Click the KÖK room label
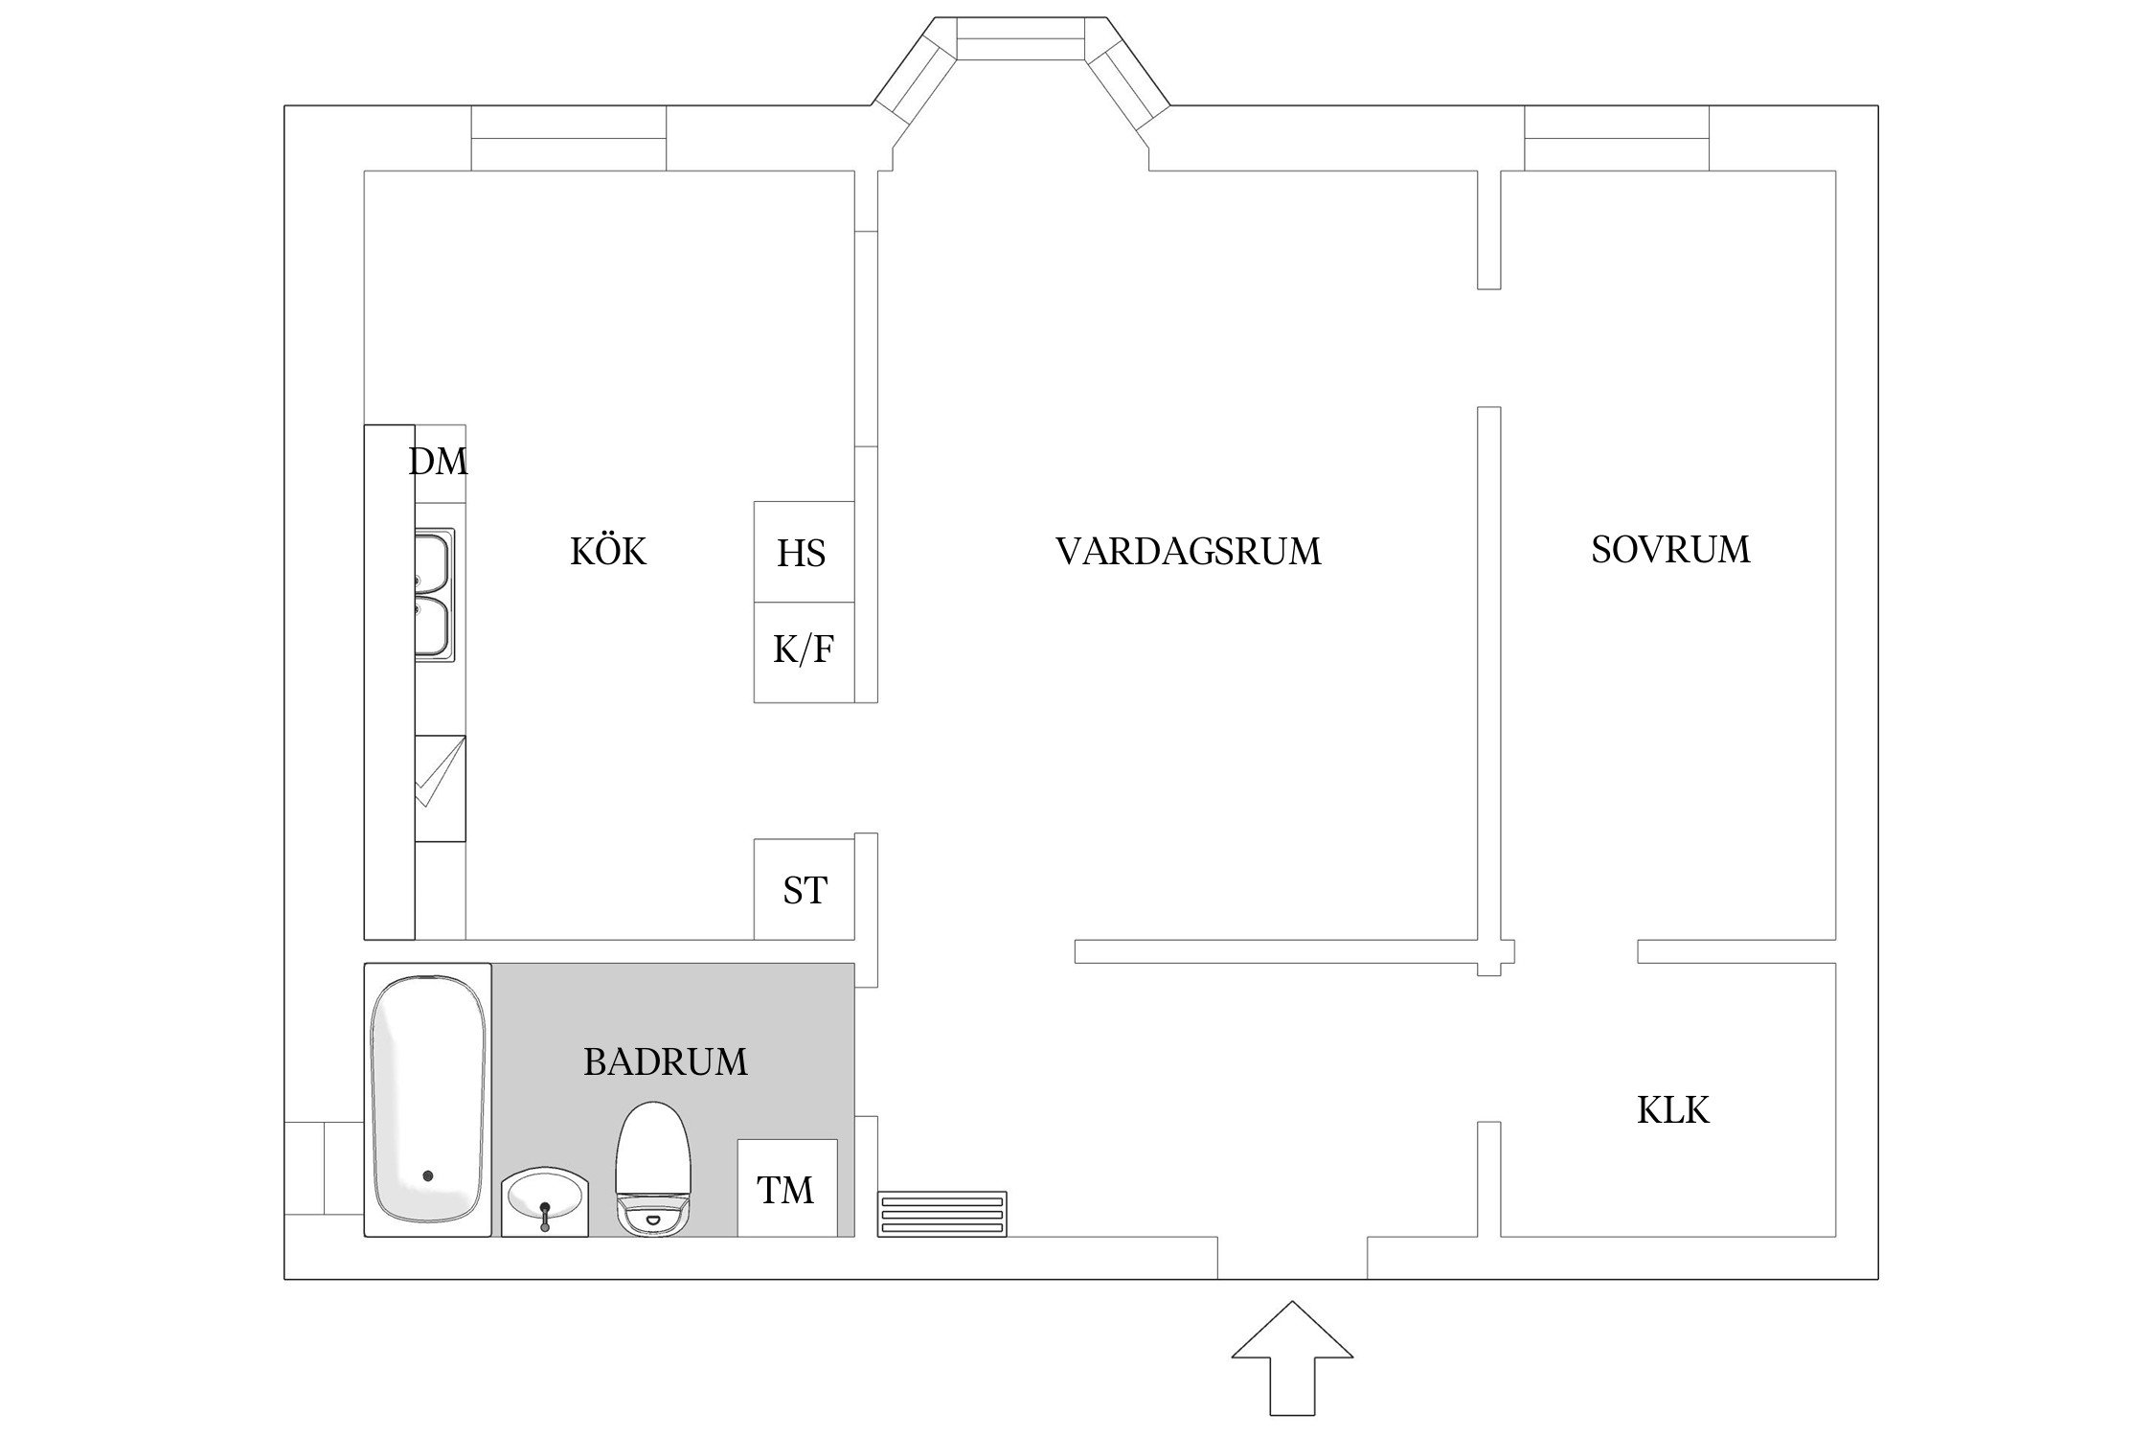pyautogui.click(x=608, y=552)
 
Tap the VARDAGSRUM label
pyautogui.click(x=1188, y=552)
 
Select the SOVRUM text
pyautogui.click(x=1670, y=550)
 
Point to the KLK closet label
pyautogui.click(x=1672, y=1110)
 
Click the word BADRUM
pyautogui.click(x=665, y=1062)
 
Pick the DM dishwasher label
pyautogui.click(x=439, y=462)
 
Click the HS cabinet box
pyautogui.click(x=803, y=553)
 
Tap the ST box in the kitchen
pyautogui.click(x=804, y=890)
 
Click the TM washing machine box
pyautogui.click(x=786, y=1189)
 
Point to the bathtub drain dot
pyautogui.click(x=427, y=1175)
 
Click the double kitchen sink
pyautogui.click(x=434, y=594)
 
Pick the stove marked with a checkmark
pyautogui.click(x=440, y=788)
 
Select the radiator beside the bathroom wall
pyautogui.click(x=942, y=1214)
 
